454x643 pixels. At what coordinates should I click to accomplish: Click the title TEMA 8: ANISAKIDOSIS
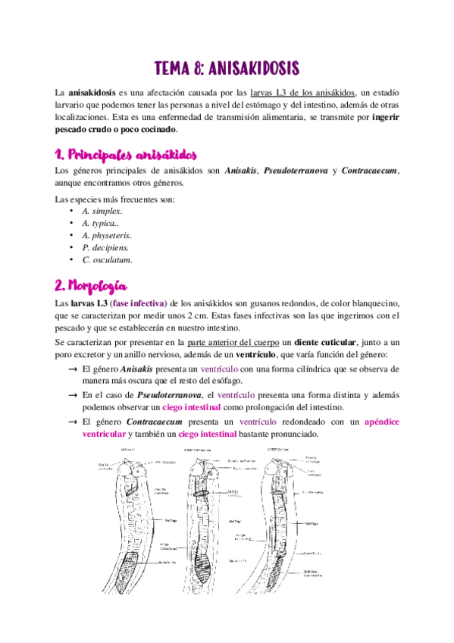tap(227, 67)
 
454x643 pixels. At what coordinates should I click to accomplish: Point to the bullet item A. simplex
tap(102, 211)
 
